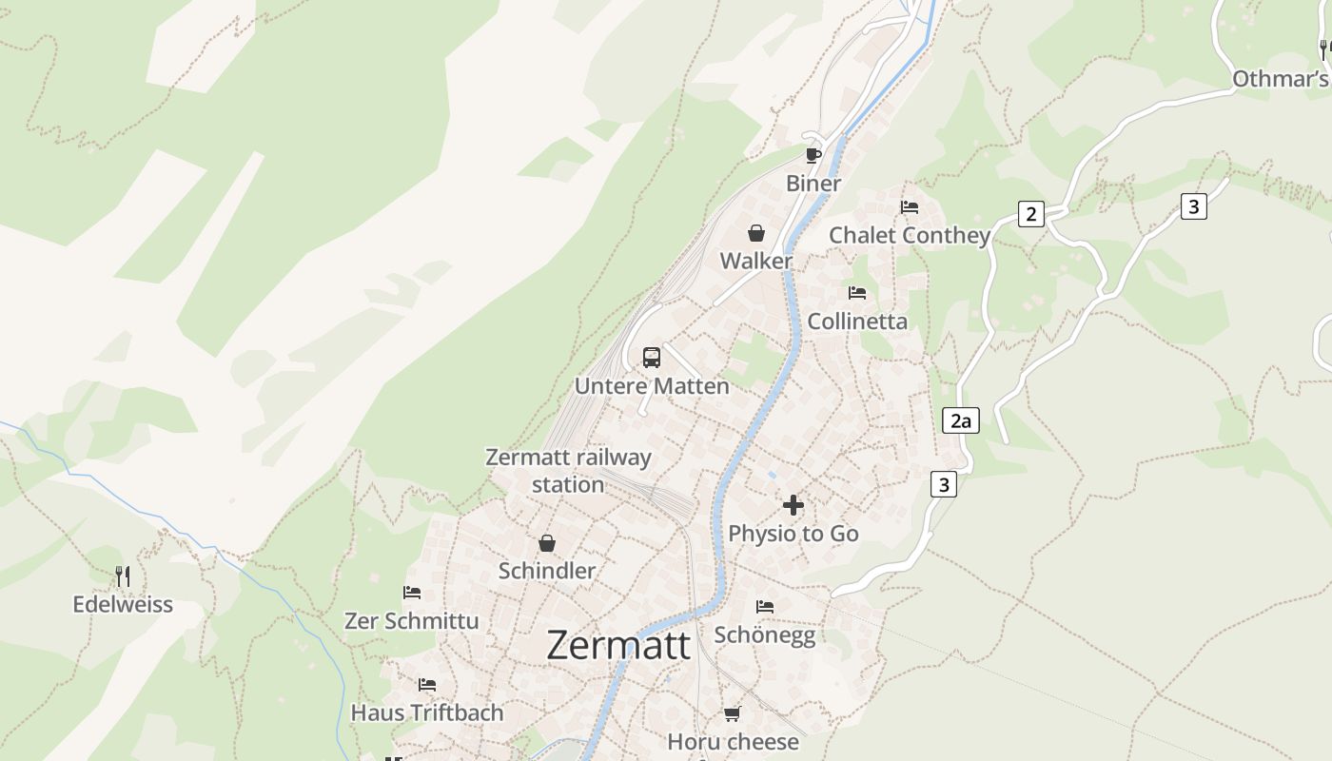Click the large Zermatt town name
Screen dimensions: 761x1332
tap(618, 645)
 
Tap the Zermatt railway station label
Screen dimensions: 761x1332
tap(568, 470)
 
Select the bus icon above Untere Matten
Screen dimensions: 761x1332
tap(652, 358)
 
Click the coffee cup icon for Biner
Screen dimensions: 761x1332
tap(813, 155)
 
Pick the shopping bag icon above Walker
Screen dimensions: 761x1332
tap(756, 233)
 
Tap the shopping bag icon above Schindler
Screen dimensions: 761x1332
tap(547, 543)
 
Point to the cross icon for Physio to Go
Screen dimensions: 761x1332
tap(793, 505)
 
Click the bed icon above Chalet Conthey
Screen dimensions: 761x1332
tap(910, 207)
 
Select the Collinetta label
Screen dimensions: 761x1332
tap(857, 322)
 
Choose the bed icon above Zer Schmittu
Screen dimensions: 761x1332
tap(412, 593)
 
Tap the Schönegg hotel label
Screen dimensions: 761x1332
tap(765, 635)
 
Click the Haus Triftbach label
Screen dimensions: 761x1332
tap(427, 712)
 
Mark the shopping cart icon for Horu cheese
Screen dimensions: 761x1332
tap(732, 713)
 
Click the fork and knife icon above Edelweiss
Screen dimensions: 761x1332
tap(123, 576)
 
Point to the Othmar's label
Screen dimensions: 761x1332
tap(1280, 79)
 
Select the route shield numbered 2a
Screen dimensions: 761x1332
tap(960, 420)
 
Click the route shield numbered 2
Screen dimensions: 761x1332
tap(1030, 214)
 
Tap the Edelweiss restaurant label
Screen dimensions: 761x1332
tap(123, 604)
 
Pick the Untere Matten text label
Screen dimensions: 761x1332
tap(652, 386)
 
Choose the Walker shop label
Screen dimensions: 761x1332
tap(756, 261)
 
